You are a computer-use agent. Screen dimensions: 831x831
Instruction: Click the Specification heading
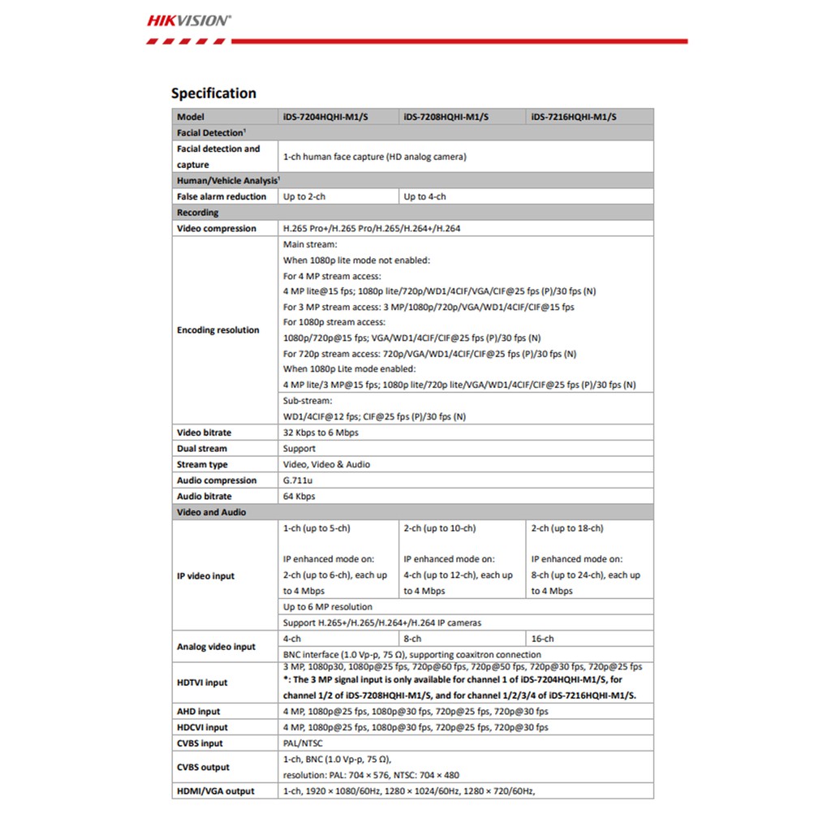[213, 93]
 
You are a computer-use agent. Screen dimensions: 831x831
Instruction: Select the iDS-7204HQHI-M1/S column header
[325, 117]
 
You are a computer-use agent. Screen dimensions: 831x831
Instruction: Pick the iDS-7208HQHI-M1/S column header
[446, 117]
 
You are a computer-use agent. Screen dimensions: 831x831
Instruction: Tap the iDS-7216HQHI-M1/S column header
[574, 117]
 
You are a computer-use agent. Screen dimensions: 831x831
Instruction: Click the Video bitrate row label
[204, 433]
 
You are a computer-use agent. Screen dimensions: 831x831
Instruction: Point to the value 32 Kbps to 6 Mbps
[321, 433]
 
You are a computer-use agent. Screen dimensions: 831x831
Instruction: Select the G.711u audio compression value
[299, 480]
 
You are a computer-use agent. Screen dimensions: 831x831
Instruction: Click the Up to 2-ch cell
[304, 196]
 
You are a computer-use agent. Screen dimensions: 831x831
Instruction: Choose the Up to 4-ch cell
[424, 196]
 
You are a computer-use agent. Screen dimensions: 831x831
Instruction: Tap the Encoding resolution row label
[218, 330]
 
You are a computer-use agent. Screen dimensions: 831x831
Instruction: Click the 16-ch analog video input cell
[543, 639]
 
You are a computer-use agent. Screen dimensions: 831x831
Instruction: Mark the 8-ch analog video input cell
[412, 639]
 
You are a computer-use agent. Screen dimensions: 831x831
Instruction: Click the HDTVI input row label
[202, 682]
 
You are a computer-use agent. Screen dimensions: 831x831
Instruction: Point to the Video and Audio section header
[211, 513]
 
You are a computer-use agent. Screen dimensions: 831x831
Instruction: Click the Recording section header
[197, 213]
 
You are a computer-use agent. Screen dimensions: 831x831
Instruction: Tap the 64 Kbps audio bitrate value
[299, 497]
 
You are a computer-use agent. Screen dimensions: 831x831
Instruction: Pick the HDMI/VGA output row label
[215, 791]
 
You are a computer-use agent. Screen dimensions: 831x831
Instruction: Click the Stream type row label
[202, 465]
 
